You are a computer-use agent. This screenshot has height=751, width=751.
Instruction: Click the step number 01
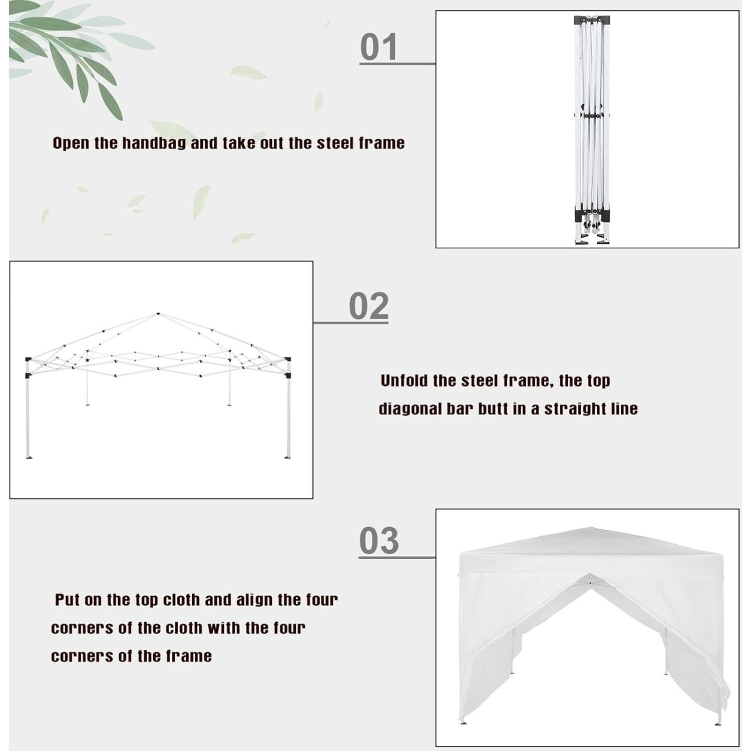[x=379, y=48]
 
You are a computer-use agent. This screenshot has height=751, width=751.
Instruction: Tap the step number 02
[x=368, y=306]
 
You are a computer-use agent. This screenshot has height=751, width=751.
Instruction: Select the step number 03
[x=379, y=541]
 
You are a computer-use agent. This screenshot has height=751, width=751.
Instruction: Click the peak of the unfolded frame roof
[x=158, y=314]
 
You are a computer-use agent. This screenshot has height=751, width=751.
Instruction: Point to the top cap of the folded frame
[x=592, y=20]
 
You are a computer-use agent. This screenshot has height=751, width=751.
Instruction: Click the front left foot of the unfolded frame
[x=29, y=456]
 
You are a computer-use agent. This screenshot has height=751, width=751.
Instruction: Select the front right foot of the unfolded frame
[x=287, y=456]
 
